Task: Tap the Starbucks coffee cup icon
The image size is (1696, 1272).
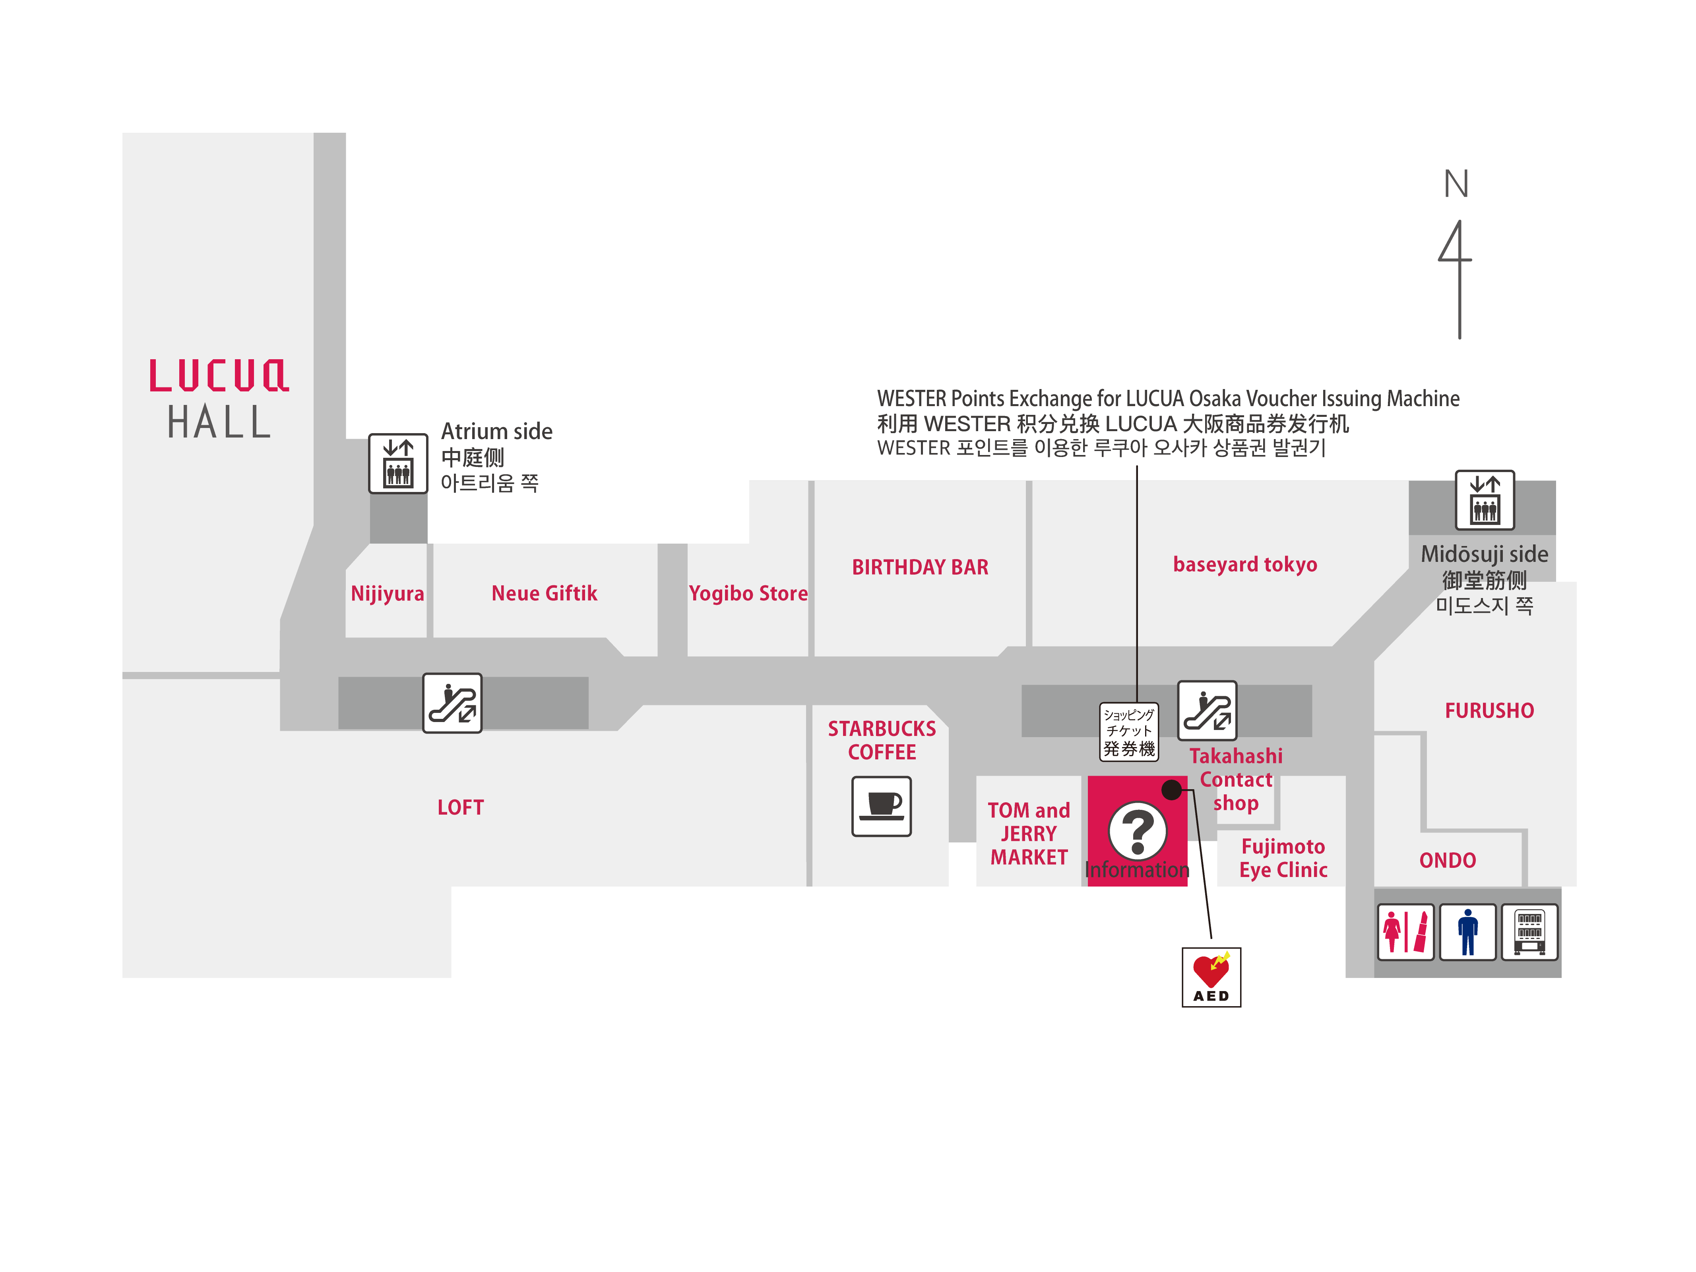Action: [x=882, y=806]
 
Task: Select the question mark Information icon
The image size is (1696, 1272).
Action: [x=1138, y=831]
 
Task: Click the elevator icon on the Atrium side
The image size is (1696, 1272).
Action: [x=398, y=464]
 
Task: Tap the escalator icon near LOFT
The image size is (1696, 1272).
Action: [x=452, y=703]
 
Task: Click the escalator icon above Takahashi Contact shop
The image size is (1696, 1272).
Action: [x=1207, y=710]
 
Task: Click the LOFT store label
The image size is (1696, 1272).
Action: [x=460, y=807]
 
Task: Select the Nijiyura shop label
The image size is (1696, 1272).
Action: [x=387, y=593]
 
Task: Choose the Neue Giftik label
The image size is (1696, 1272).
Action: [x=545, y=593]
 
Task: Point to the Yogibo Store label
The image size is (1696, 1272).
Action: [x=748, y=593]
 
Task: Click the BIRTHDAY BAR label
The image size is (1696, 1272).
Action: [x=920, y=567]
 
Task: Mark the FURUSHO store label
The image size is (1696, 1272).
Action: [x=1489, y=711]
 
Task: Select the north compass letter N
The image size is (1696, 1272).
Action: [x=1456, y=184]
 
